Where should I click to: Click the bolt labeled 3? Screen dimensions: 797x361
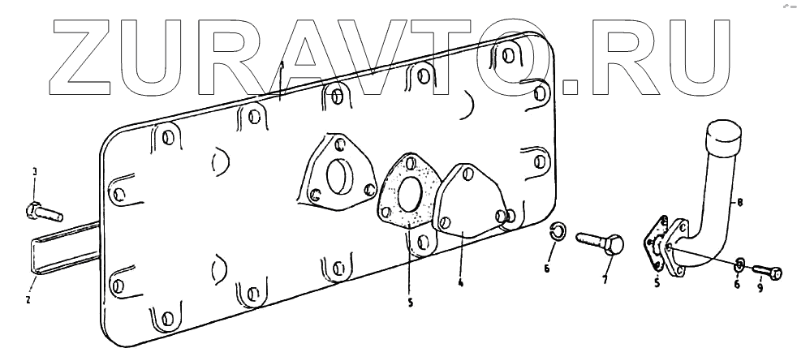tap(45, 212)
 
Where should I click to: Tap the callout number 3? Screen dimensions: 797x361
tap(34, 172)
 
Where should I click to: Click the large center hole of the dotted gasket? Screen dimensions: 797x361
tap(410, 196)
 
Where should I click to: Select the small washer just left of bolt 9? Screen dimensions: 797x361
tap(740, 264)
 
